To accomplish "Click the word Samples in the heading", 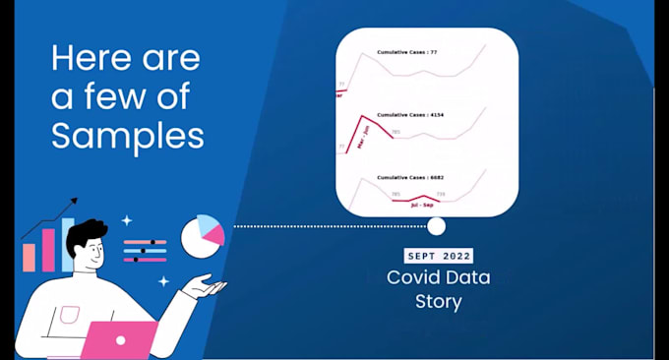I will (128, 135).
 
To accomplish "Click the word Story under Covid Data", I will (438, 301).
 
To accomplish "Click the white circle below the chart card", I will (436, 226).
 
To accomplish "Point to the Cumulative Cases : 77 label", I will (407, 51).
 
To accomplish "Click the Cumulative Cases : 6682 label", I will (410, 179).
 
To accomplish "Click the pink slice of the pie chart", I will (213, 237).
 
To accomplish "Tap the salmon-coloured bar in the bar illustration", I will (30, 258).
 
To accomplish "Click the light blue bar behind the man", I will (66, 244).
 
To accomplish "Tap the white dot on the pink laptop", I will (120, 339).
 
